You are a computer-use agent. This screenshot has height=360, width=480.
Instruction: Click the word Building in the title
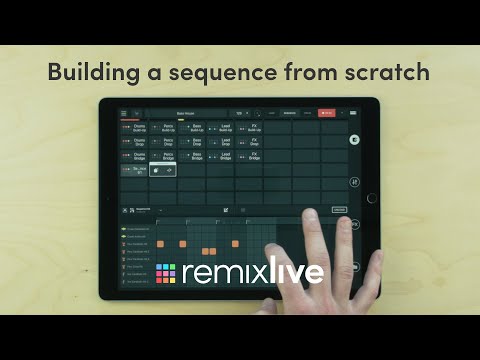96,72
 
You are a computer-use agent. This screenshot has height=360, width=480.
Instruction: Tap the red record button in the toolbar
327,113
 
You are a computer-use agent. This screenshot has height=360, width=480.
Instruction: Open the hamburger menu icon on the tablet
124,113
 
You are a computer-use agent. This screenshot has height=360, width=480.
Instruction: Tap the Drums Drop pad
134,142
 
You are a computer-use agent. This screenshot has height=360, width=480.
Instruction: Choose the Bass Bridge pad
192,157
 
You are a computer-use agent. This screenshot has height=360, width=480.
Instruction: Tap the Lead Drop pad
220,142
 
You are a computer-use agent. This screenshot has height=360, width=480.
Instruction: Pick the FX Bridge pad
249,157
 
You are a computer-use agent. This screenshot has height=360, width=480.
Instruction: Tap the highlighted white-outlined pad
163,172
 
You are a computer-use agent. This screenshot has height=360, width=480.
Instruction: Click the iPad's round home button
372,198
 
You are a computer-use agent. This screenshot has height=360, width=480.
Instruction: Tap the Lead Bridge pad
220,157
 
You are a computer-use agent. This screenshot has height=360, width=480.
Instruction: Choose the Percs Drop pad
162,142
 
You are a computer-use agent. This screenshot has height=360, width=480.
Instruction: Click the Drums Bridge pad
134,157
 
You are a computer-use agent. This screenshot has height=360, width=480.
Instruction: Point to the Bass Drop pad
192,142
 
